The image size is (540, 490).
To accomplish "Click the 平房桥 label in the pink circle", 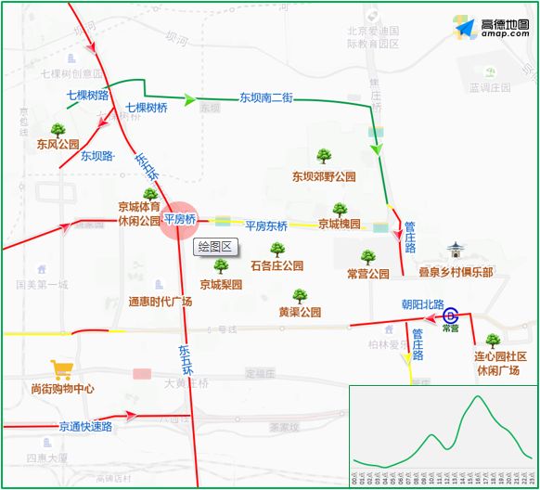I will point(179,219).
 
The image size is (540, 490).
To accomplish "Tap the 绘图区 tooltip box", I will point(214,247).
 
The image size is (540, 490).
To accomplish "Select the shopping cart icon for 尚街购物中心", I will point(63,370).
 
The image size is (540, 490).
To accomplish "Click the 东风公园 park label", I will point(58,144).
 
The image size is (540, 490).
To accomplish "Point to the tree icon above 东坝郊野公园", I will point(324,156).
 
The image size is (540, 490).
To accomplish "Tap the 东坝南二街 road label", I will point(266,97).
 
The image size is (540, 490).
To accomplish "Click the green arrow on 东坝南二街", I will point(190,99).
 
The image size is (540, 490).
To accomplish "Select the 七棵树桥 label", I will point(146,108).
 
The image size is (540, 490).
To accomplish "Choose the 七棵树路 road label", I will point(88,95).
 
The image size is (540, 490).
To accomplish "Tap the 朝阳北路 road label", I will point(422,303).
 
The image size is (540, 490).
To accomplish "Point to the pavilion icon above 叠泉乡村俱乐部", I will point(455,251).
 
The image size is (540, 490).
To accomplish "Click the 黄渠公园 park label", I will point(300,312).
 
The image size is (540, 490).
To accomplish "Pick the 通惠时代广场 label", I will point(160,302).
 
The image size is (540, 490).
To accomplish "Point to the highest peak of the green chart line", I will point(477,396).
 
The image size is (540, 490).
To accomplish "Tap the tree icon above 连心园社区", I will point(492,341).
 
